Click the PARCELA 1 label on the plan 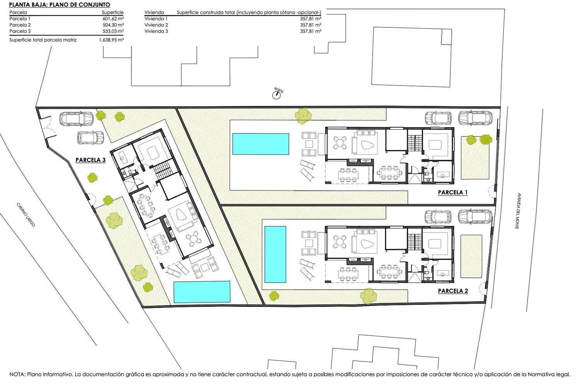[x=453, y=192]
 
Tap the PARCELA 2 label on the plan [x=453, y=291]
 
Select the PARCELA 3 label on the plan [x=90, y=160]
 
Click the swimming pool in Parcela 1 [x=261, y=144]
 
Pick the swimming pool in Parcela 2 [x=275, y=254]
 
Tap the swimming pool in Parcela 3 [x=202, y=292]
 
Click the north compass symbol [x=276, y=95]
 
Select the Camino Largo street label [x=26, y=215]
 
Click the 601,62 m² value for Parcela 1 [x=113, y=19]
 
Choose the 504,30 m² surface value [x=113, y=25]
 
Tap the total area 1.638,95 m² [x=111, y=40]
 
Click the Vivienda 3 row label [x=156, y=31]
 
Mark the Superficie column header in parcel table [x=113, y=12]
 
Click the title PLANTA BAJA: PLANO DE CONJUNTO [x=60, y=5]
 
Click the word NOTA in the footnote [x=17, y=374]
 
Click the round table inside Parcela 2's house [x=340, y=241]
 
